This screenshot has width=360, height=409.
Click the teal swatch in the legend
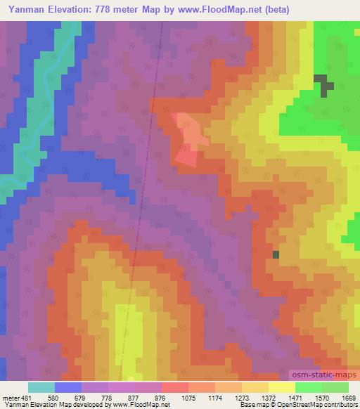point(41,387)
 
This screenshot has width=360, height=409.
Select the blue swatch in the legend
point(68,387)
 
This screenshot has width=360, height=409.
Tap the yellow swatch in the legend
point(281,387)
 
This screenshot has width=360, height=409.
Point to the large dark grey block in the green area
point(323,85)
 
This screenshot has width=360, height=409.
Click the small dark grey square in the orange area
point(276,254)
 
